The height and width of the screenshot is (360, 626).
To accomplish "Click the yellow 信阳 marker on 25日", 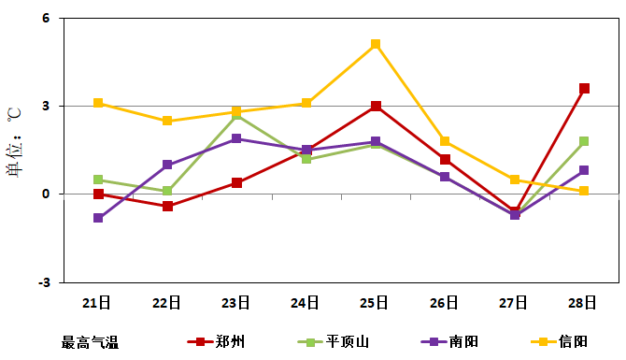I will [x=376, y=44].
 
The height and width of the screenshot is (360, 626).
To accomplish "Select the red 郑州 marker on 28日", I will [x=584, y=89].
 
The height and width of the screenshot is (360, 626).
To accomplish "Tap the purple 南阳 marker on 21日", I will [x=98, y=218].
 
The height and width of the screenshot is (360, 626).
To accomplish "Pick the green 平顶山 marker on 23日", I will [x=236, y=115].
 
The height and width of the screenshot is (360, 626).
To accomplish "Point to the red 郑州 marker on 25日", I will [x=376, y=107].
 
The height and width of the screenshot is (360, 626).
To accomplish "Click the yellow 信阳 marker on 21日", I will [x=98, y=103].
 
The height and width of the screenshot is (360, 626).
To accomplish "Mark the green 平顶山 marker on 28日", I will [x=584, y=141].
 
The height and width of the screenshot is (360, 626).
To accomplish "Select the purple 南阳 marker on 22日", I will [x=167, y=165].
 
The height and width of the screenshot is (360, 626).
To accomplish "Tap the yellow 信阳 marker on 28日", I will [x=584, y=191].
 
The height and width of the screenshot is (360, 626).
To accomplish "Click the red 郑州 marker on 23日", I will [x=236, y=182].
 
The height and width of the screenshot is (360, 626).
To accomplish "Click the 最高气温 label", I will [x=90, y=342].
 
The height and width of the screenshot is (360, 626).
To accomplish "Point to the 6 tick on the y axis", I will [x=45, y=19].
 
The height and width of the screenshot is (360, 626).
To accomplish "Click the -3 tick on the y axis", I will [x=43, y=282].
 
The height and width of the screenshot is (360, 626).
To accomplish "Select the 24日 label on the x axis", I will [x=306, y=303].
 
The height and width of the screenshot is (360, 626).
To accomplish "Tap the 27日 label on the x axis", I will [x=514, y=303].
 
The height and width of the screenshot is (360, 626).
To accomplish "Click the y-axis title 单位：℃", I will [x=14, y=140].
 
